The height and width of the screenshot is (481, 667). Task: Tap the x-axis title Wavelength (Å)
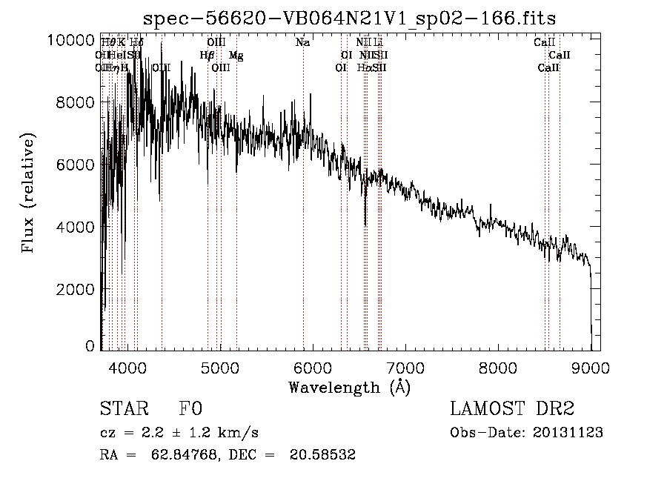[349, 387]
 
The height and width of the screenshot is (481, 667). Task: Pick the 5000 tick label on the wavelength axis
[219, 367]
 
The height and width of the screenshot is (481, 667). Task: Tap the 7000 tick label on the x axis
[405, 367]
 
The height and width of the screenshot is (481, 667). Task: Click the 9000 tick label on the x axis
[590, 367]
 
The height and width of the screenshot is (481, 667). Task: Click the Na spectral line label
[302, 43]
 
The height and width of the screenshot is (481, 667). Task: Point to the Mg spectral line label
[236, 56]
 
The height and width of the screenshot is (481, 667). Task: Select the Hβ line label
[207, 56]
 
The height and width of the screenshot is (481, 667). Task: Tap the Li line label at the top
[378, 43]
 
